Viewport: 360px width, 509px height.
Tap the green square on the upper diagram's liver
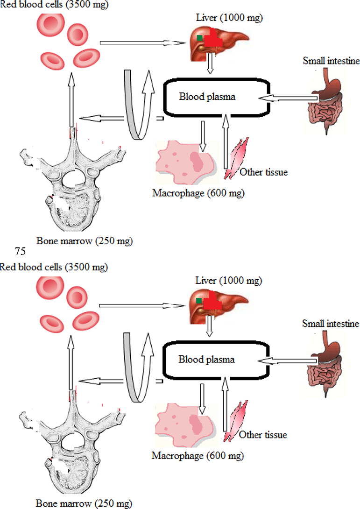[199, 38]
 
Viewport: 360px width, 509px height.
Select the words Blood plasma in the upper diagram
[207, 97]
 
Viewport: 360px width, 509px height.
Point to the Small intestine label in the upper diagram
[331, 61]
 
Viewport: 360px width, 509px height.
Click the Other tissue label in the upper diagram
[263, 172]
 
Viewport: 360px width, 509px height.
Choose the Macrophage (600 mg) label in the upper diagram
[198, 193]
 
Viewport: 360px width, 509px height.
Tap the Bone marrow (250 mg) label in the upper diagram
[85, 241]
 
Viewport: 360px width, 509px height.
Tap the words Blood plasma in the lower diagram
[206, 360]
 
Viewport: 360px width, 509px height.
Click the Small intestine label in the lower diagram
[330, 324]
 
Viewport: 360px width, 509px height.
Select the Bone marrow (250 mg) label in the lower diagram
[84, 503]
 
